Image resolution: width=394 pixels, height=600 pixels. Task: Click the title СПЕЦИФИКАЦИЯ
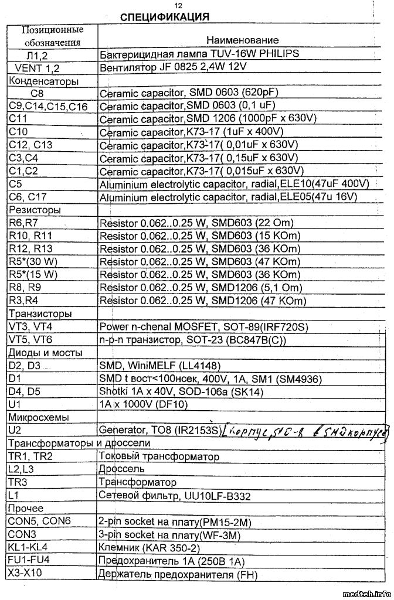click(x=165, y=17)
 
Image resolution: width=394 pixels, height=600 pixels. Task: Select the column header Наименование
click(x=242, y=40)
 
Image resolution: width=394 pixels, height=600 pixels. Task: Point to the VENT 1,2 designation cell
click(x=36, y=67)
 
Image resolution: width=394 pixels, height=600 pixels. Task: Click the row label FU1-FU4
click(x=29, y=561)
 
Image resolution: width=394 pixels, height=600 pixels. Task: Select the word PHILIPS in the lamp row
click(x=278, y=53)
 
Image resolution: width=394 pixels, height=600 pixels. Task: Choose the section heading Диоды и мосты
click(x=45, y=353)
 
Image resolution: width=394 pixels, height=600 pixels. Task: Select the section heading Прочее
click(x=26, y=509)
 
